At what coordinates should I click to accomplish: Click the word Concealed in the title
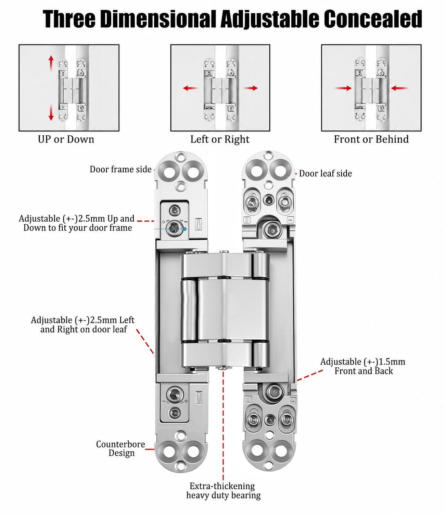pos(373,19)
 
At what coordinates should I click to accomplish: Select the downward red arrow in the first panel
pos(51,112)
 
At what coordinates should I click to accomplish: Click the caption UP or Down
pos(66,139)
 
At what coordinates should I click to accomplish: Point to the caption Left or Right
pos(220,139)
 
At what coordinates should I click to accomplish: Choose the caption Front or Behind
pos(371,139)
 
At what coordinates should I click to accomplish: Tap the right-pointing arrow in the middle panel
pos(250,88)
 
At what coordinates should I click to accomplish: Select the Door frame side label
pos(120,169)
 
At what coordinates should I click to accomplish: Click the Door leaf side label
pos(325,174)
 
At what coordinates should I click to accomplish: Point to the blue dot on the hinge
pos(185,229)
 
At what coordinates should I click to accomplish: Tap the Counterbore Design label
pos(121,449)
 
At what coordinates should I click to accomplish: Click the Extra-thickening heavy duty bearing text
pos(224,491)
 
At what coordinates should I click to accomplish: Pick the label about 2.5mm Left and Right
pos(83,325)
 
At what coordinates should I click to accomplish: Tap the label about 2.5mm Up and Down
pos(77,223)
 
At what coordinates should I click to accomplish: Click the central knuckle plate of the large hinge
pos(233,309)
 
